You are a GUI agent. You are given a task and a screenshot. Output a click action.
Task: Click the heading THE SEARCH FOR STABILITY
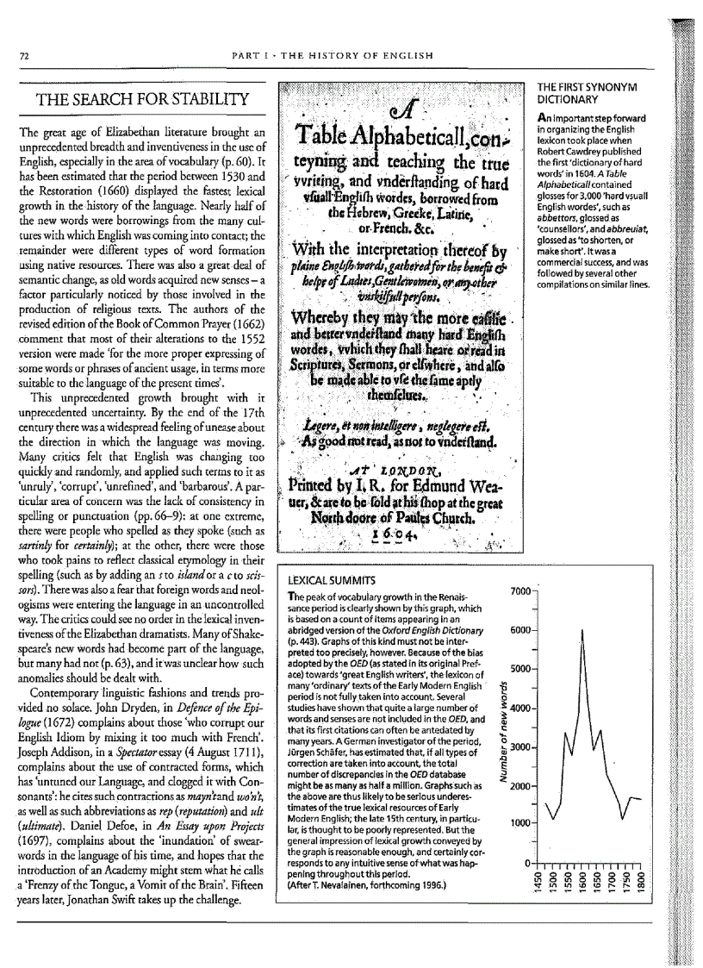tap(142, 99)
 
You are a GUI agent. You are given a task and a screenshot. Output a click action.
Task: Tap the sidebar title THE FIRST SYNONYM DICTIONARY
tap(587, 93)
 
